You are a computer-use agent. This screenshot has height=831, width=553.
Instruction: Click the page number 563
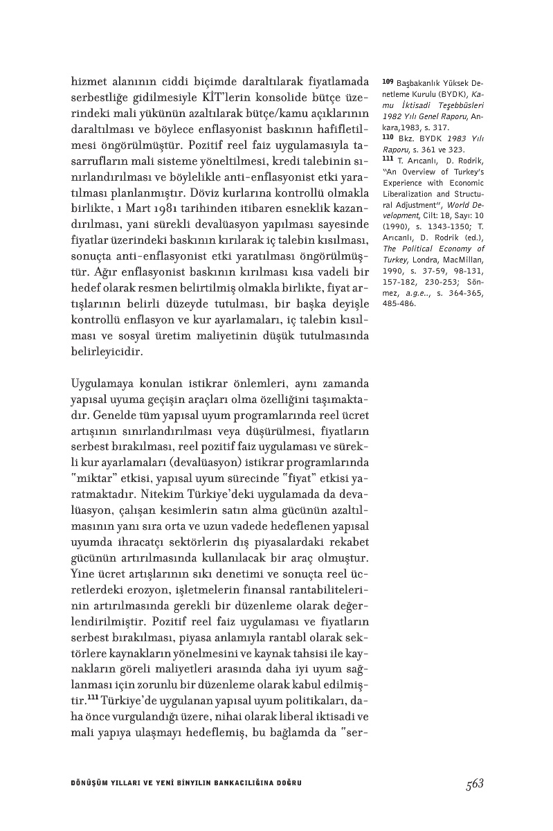pos(474,783)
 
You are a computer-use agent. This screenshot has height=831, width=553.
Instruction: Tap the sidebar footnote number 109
pos(387,82)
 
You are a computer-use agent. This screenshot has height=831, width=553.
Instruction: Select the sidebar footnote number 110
pos(387,138)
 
